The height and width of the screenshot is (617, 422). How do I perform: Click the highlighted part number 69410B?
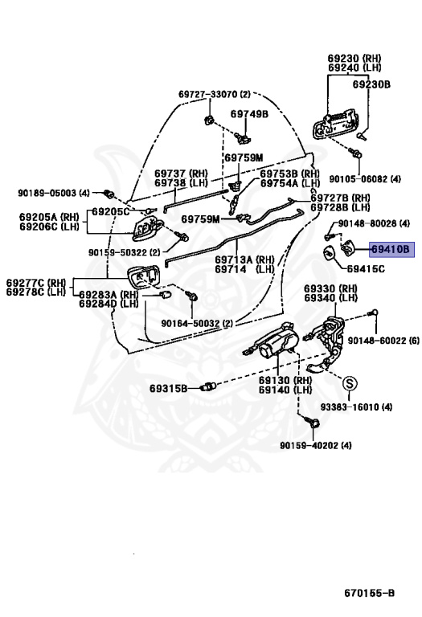391,250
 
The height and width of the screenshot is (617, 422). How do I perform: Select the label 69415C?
366,270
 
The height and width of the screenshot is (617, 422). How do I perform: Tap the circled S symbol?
349,383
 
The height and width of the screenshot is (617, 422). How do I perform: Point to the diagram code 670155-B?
369,593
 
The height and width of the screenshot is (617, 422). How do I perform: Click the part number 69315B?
169,389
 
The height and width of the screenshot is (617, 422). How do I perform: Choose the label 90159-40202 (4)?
316,445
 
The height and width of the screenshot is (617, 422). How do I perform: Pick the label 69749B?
249,114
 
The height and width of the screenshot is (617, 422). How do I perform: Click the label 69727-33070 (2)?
214,95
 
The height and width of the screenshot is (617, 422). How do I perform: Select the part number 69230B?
371,84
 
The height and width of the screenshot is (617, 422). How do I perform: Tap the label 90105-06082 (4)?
365,179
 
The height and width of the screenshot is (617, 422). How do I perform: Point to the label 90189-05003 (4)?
54,193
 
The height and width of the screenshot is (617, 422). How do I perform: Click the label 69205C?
111,212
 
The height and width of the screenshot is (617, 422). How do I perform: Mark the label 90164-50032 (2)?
197,324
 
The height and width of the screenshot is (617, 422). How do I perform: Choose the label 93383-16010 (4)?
356,407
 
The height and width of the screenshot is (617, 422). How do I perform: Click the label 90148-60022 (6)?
383,341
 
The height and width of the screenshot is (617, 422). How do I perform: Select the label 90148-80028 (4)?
374,223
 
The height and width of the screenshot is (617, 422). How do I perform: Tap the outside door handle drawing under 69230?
335,124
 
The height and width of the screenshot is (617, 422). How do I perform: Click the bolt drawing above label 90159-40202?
313,423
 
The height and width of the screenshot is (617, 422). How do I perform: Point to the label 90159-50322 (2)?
124,252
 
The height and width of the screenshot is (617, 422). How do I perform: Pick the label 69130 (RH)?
285,380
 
